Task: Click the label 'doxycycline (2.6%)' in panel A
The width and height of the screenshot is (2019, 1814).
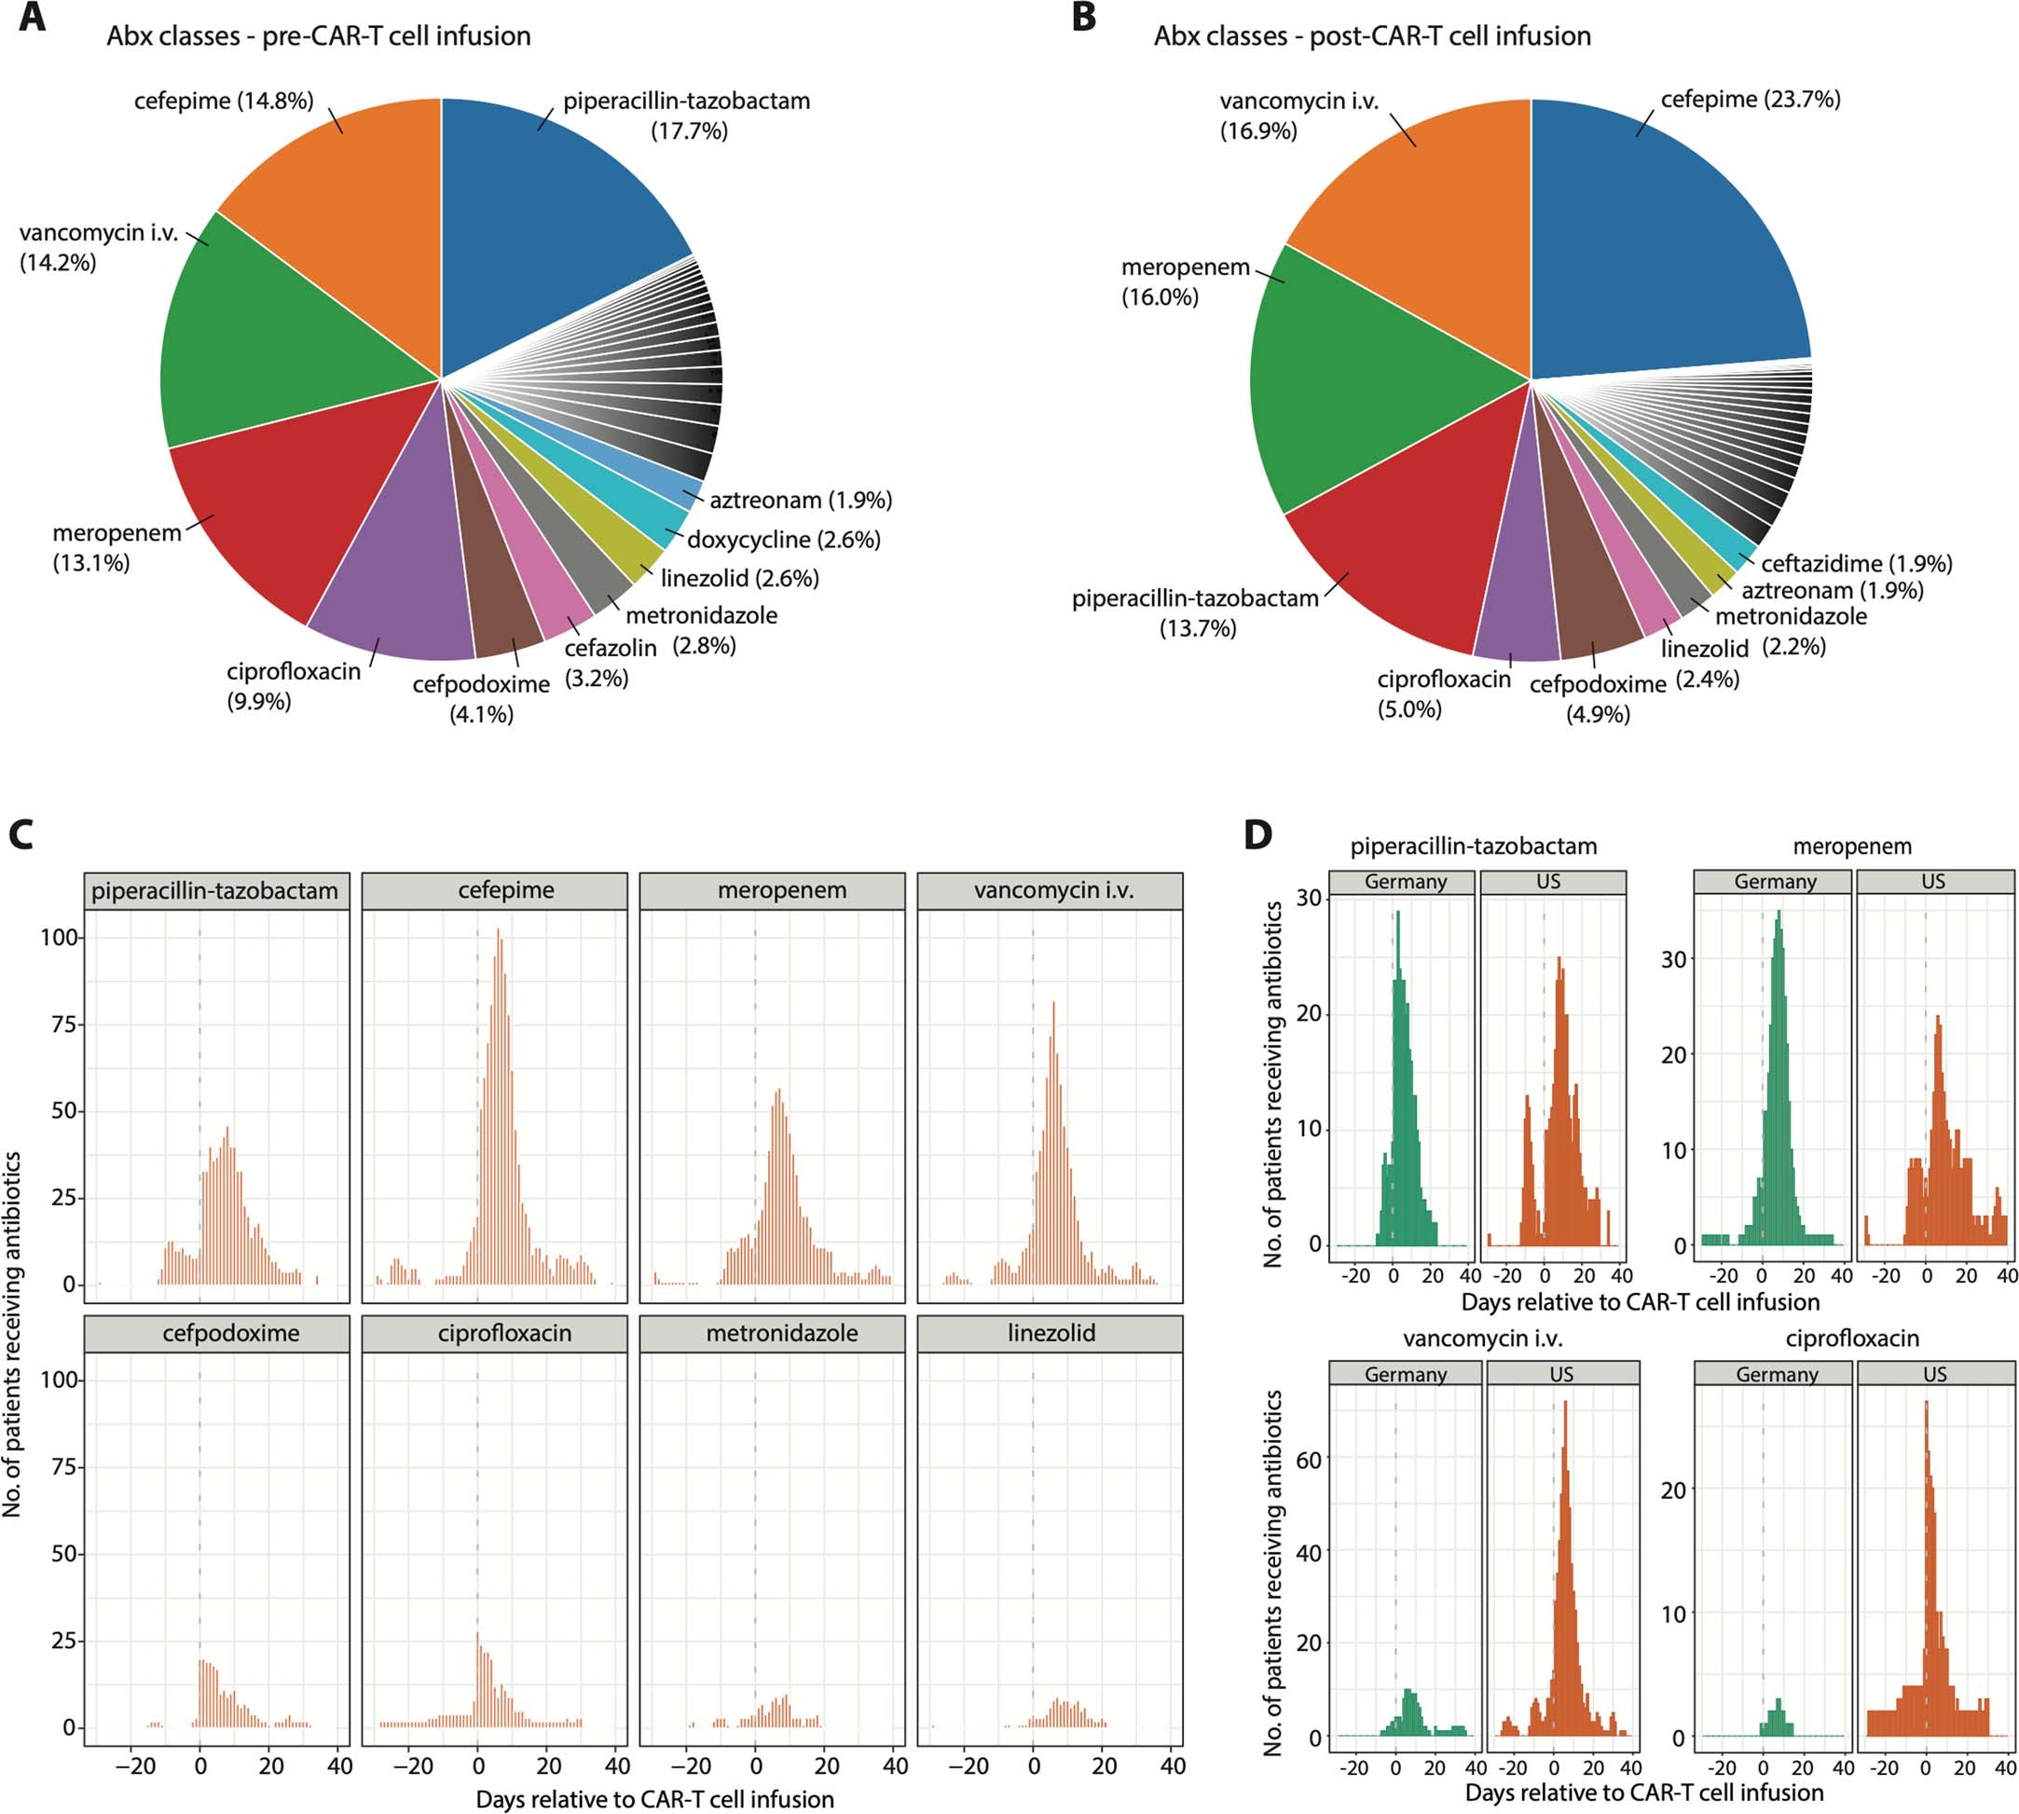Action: (x=783, y=539)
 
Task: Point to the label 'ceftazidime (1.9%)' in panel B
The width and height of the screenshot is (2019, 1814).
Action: (x=1856, y=563)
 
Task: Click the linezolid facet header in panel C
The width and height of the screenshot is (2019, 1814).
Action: (x=1051, y=1333)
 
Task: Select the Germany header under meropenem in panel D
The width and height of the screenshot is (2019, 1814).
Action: (x=1774, y=881)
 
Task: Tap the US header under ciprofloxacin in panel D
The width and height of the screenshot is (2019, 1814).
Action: (x=1933, y=1374)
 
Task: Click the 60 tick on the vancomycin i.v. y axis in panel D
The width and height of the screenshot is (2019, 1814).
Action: (x=1308, y=1460)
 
